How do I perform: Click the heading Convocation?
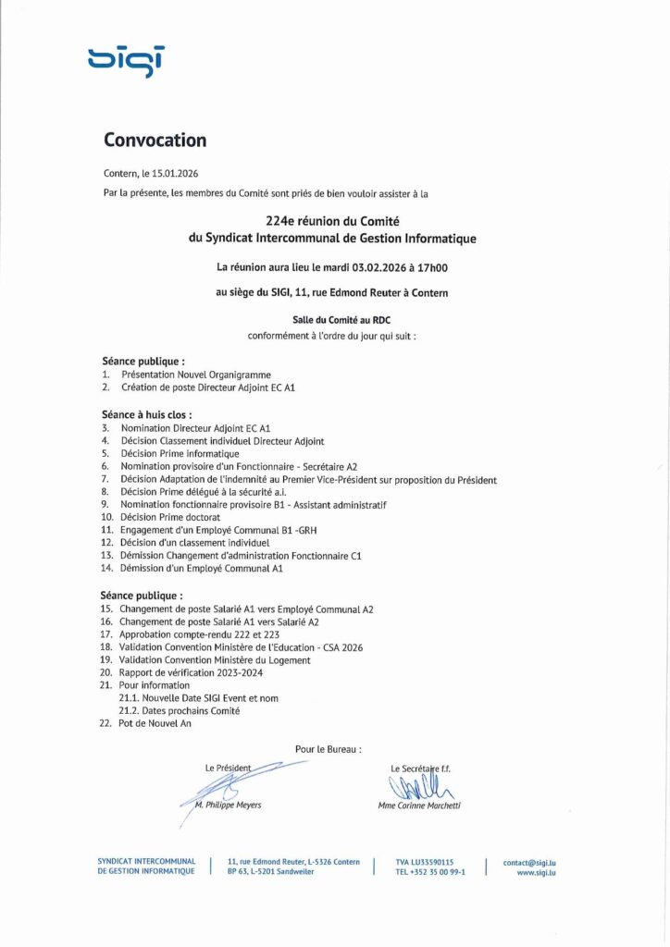point(155,141)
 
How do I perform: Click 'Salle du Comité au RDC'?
point(334,319)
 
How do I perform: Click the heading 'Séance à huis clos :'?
point(146,415)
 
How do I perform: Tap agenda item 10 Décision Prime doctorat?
point(173,518)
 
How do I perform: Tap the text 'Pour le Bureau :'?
point(329,748)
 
